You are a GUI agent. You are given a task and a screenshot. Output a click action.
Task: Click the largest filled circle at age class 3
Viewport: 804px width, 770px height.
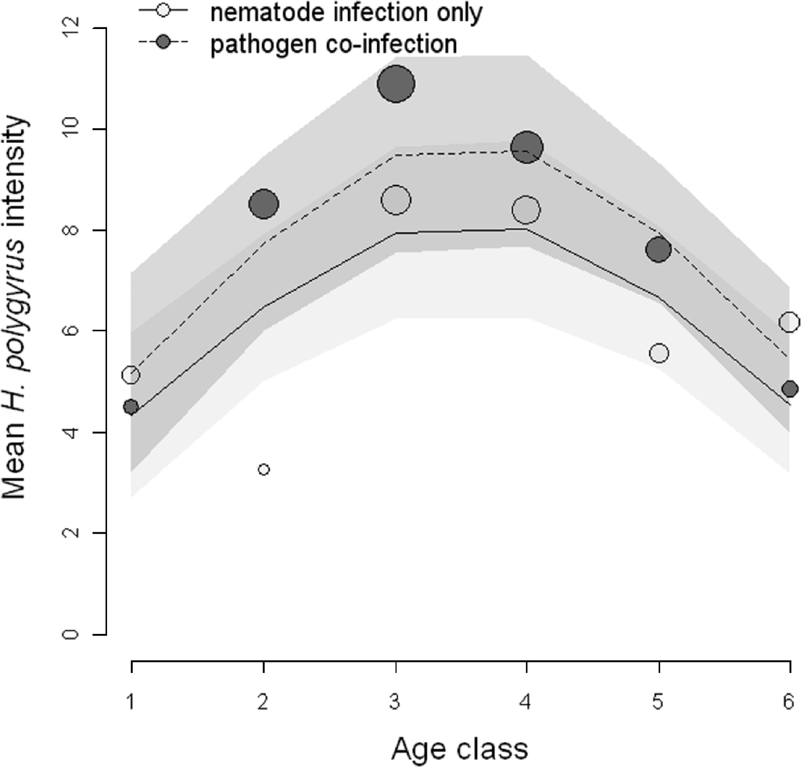click(x=396, y=84)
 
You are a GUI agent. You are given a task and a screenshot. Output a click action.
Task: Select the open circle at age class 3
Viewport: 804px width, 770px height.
click(x=396, y=200)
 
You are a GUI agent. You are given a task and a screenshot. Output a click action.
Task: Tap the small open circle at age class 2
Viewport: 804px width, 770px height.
click(x=264, y=469)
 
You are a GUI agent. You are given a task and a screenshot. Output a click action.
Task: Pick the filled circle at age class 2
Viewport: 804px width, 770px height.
click(x=264, y=204)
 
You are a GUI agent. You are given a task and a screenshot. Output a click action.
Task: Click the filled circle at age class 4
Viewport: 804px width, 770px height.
click(x=526, y=148)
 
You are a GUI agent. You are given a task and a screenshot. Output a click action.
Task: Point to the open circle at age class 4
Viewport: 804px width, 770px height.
click(x=526, y=210)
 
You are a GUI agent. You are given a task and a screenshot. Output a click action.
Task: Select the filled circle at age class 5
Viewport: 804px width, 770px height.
click(x=658, y=249)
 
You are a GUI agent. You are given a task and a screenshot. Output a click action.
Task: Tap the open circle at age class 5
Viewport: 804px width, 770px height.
click(x=659, y=353)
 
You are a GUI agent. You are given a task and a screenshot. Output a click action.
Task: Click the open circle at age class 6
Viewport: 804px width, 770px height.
click(x=790, y=322)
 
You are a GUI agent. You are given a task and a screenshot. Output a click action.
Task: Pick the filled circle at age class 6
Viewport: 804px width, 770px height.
click(x=790, y=389)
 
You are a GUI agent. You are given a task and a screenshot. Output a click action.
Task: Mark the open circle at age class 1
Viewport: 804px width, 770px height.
click(x=130, y=375)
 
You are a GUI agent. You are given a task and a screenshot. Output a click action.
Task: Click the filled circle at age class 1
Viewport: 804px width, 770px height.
click(x=130, y=407)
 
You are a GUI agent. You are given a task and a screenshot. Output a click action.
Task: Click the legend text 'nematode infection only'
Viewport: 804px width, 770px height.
click(x=346, y=12)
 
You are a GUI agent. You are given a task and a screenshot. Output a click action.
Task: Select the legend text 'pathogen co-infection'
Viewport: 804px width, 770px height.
click(x=333, y=44)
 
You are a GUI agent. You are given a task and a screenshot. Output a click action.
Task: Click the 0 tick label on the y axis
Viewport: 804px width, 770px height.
click(x=71, y=634)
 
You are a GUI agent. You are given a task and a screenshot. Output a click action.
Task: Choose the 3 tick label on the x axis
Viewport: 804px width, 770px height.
click(x=395, y=701)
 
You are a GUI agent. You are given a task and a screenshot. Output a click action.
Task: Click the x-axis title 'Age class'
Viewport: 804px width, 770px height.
click(x=459, y=748)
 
